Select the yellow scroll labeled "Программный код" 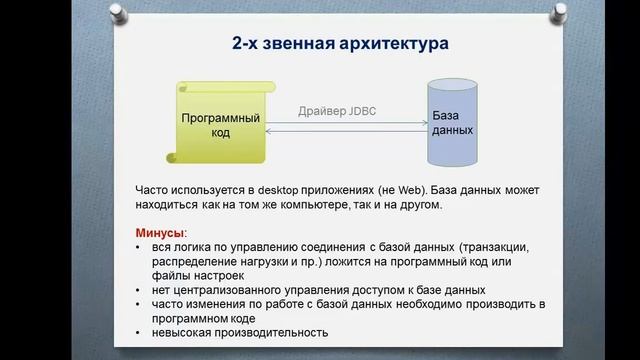[x=220, y=125]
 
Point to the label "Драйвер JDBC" [x=336, y=113]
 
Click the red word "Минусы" [x=159, y=232]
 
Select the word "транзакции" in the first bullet [x=485, y=247]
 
